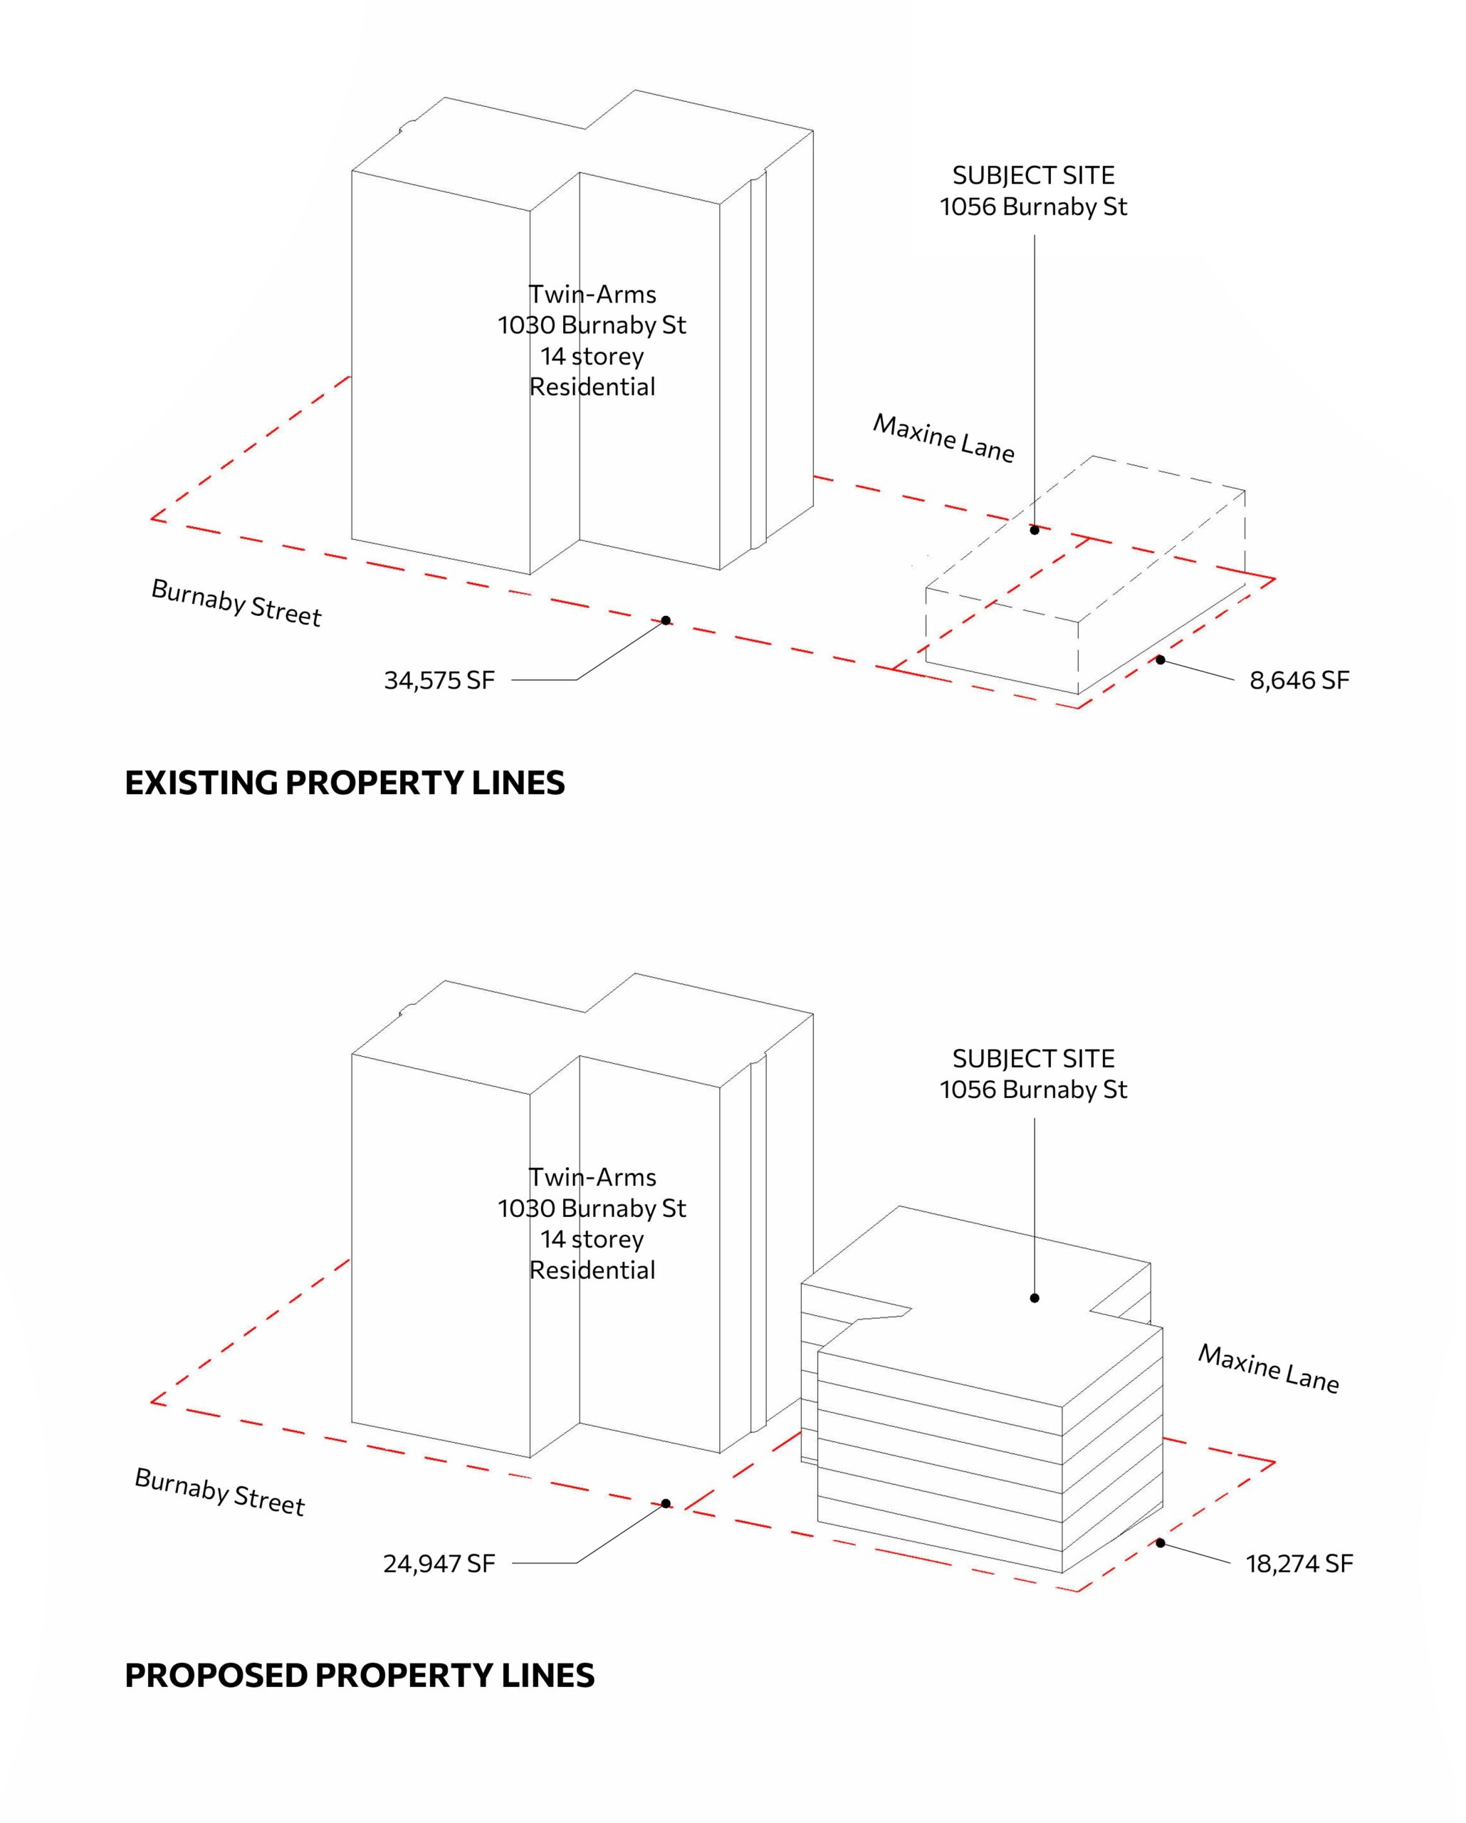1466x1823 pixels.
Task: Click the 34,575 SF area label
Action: pos(439,681)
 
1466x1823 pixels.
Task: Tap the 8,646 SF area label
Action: pos(1299,681)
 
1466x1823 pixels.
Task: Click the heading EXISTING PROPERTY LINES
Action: pos(345,783)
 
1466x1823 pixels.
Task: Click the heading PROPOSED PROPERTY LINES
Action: pos(360,1675)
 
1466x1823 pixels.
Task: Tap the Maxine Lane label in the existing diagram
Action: pos(943,438)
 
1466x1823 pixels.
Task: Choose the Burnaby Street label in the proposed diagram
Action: pos(220,1492)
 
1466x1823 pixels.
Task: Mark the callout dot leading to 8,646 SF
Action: pos(1161,659)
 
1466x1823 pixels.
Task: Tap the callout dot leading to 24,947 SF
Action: pos(666,1503)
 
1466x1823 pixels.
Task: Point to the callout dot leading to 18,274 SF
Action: pos(1161,1543)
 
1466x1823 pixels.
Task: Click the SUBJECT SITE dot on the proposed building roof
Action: pos(1035,1298)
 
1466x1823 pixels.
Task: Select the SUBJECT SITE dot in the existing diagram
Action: pos(1035,530)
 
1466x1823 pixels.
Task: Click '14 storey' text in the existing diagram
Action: pos(592,356)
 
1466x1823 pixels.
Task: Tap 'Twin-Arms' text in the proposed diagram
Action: pos(592,1177)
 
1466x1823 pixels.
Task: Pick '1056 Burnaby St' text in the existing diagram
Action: pos(1033,207)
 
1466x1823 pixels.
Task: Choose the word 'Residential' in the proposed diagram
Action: pos(592,1270)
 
